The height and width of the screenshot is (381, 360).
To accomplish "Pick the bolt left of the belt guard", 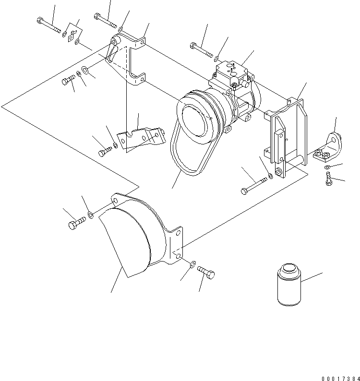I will pos(77,223).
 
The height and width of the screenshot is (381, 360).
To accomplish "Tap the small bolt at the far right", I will pos(328,179).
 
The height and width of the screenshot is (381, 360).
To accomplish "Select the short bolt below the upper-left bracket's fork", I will pos(67,82).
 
